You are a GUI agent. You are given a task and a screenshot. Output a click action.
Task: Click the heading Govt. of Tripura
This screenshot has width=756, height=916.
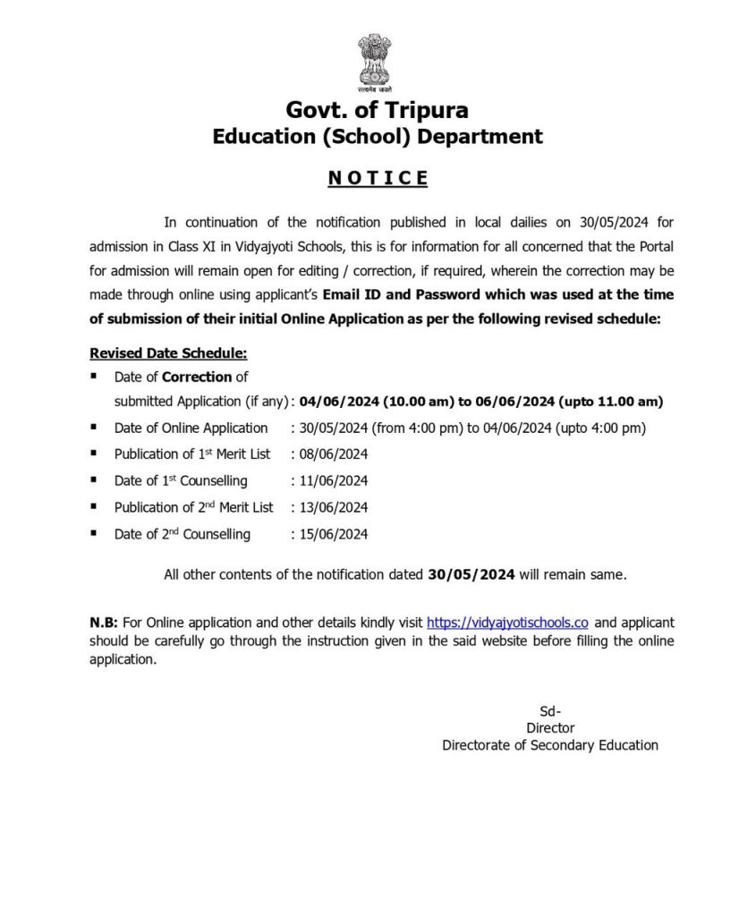(x=377, y=111)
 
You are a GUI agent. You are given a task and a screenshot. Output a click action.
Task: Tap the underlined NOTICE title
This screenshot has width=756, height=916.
(x=378, y=178)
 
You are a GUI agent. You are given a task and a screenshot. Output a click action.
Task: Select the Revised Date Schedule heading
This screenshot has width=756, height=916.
(x=168, y=354)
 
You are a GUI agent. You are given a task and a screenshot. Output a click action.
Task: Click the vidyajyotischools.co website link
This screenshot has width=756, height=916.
(x=507, y=623)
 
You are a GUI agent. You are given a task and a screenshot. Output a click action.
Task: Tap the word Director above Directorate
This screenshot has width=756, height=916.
(x=550, y=728)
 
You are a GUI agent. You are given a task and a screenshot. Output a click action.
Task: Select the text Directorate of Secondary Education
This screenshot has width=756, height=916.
(x=550, y=744)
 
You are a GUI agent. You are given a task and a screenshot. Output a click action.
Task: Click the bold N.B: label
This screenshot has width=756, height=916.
(x=103, y=623)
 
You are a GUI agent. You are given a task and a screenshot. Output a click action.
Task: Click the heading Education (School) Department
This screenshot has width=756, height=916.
(x=377, y=137)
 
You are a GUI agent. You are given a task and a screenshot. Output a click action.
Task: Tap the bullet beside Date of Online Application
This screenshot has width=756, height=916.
(x=95, y=428)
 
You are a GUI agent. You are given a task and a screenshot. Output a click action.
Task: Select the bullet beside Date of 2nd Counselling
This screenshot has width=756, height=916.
(x=95, y=534)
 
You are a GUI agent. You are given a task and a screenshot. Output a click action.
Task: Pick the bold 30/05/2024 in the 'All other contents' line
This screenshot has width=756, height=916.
(x=471, y=575)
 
